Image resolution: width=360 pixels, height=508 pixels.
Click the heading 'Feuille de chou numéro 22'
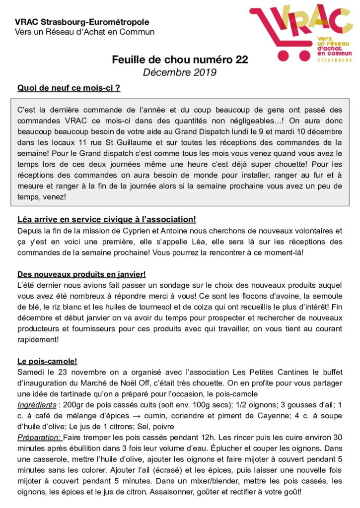(179, 61)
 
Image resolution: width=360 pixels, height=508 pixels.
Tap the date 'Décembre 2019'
(179, 72)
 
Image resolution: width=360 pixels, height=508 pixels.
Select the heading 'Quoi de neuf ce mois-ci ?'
(69, 88)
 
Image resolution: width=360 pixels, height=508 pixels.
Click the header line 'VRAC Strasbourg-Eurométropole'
(82, 22)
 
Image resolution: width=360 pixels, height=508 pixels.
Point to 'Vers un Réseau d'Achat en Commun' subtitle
(84, 32)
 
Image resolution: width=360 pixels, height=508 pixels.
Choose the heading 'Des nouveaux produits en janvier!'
(81, 274)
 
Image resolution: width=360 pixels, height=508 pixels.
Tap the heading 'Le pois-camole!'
(47, 361)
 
